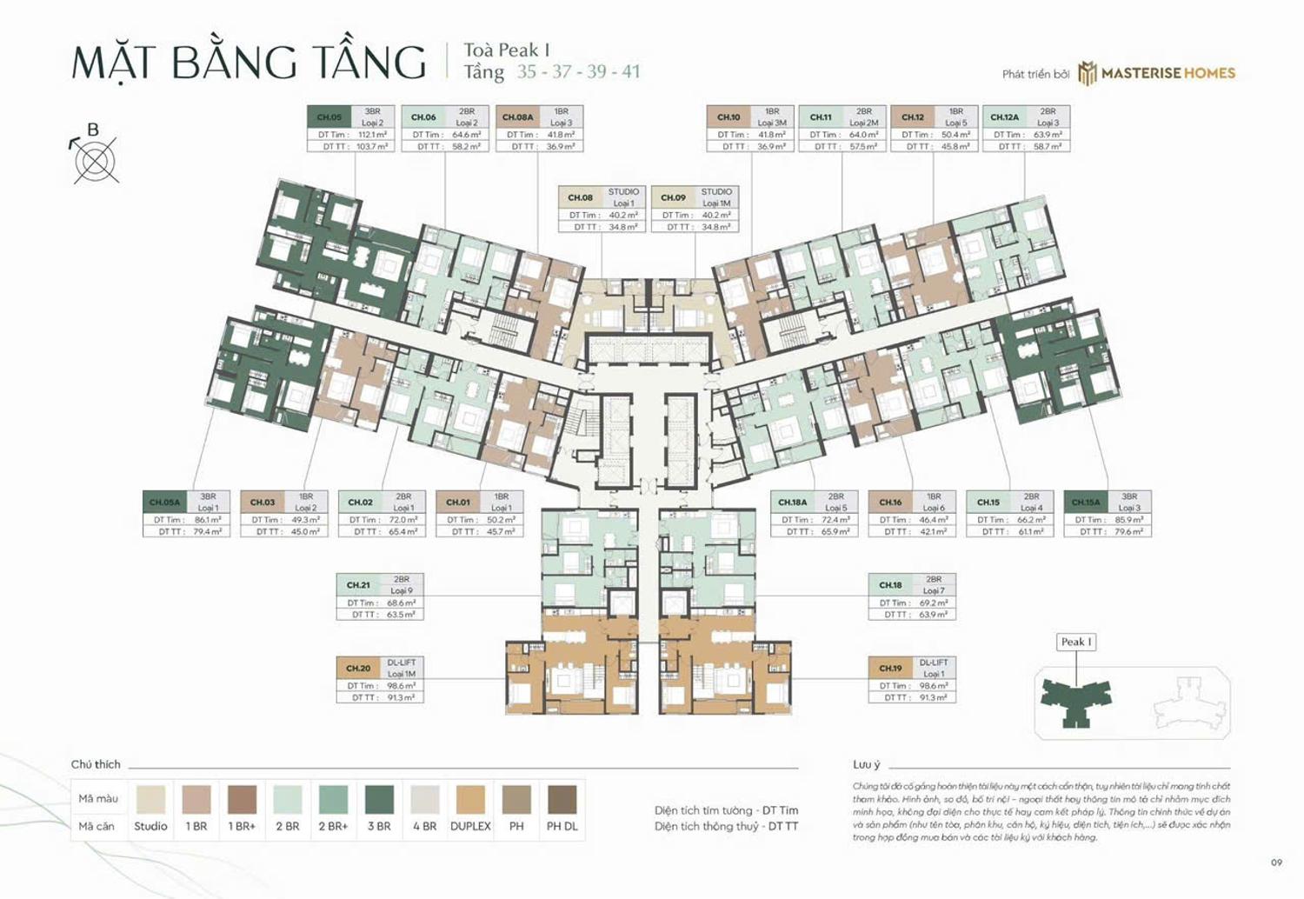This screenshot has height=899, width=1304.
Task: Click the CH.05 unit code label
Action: (x=329, y=117)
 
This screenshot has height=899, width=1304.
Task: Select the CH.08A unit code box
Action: (x=517, y=117)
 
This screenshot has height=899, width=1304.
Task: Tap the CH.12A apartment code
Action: (x=1004, y=117)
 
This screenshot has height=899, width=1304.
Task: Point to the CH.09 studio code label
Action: (x=673, y=197)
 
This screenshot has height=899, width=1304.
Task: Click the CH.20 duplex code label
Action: (x=358, y=668)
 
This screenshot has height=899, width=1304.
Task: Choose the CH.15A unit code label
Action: (x=1085, y=502)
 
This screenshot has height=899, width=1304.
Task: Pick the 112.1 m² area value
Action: (x=372, y=135)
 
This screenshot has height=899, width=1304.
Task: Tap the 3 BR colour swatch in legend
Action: (x=379, y=799)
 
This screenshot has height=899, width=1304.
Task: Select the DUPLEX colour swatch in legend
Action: (x=470, y=799)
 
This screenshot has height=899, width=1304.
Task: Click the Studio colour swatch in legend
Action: (x=150, y=799)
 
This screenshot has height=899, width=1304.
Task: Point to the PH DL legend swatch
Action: (x=562, y=799)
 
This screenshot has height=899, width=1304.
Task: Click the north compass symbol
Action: (x=95, y=160)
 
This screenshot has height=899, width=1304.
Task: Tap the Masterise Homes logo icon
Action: (x=1087, y=74)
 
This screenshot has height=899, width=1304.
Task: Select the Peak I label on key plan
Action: (x=1075, y=642)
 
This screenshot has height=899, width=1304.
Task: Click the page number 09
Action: (x=1276, y=862)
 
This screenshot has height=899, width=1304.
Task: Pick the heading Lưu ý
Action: (x=866, y=764)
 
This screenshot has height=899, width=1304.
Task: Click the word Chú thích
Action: (x=96, y=764)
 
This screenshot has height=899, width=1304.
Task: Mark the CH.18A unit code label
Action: (x=792, y=502)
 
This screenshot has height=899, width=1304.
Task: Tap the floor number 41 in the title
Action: (x=630, y=71)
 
